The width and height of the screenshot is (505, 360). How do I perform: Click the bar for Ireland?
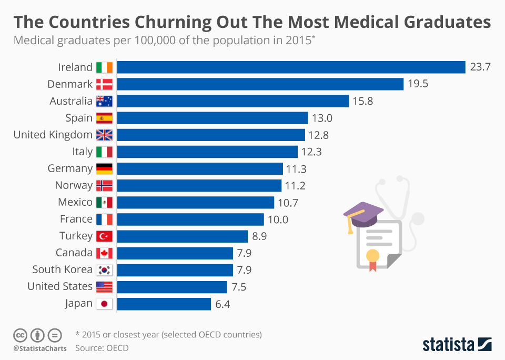[x=291, y=67]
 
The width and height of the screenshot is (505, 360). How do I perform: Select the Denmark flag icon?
[x=104, y=84]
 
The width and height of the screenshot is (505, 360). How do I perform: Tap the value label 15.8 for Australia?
[x=362, y=101]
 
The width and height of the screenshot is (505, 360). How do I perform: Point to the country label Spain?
[x=79, y=118]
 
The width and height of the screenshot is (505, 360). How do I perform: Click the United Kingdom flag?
[x=104, y=135]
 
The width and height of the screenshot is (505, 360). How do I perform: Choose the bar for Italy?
[x=207, y=152]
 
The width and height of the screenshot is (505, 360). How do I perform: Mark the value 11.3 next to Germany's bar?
[x=296, y=168]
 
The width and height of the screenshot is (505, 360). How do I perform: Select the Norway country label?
[x=74, y=185]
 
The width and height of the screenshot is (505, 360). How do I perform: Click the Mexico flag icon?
[x=104, y=202]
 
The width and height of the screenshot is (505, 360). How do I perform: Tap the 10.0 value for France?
[x=278, y=219]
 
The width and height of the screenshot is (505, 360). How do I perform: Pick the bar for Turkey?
[x=182, y=236]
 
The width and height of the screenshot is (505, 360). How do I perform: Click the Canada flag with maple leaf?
[x=104, y=253]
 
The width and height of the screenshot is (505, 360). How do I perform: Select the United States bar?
[x=172, y=287]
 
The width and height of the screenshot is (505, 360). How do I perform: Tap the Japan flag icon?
[x=104, y=304]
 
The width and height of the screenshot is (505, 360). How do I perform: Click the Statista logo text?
[x=448, y=345]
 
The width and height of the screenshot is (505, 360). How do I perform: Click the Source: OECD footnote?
[x=102, y=348]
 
